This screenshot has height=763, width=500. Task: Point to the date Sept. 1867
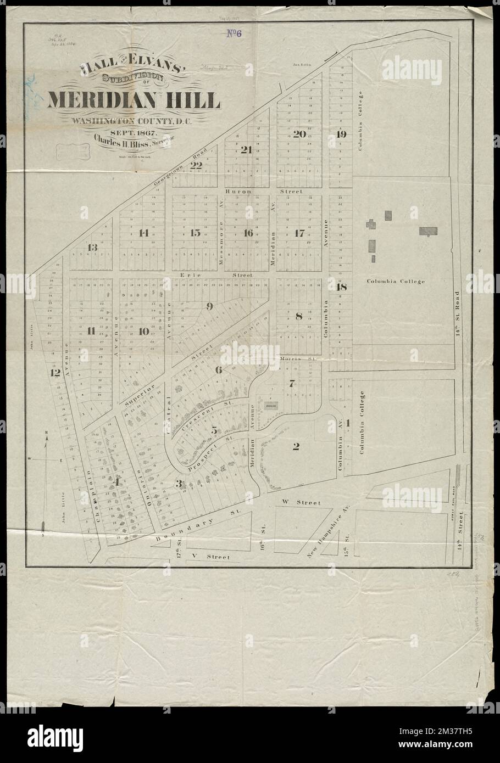(x=134, y=133)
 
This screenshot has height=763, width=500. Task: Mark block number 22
(x=196, y=164)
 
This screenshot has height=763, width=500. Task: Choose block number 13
(x=92, y=248)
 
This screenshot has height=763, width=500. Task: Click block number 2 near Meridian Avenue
(x=296, y=446)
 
